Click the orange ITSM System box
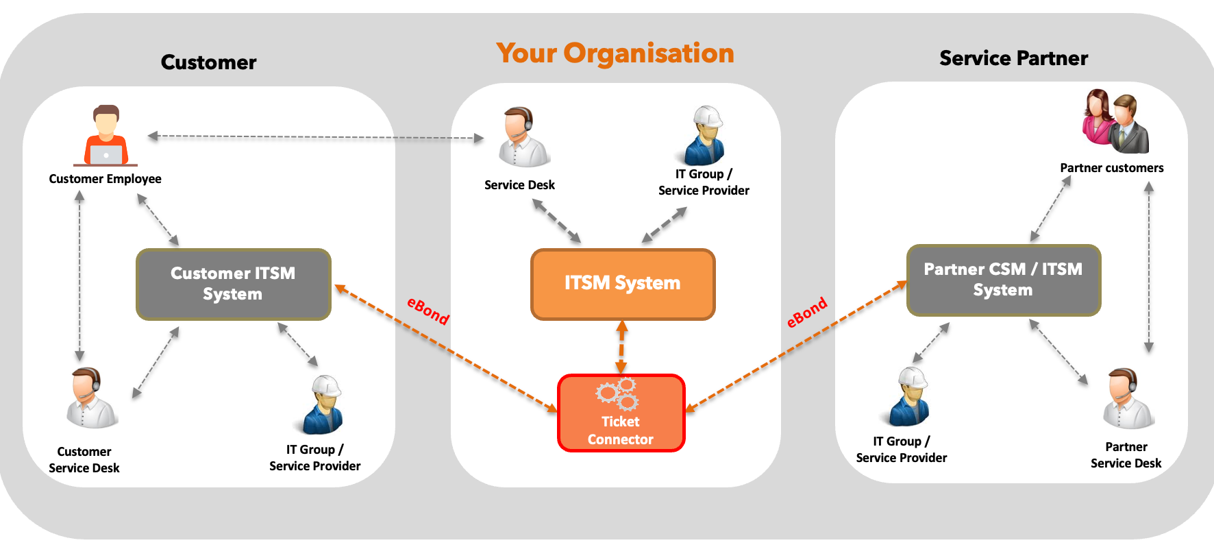[622, 284]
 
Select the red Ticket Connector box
[621, 413]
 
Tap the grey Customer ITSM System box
[233, 284]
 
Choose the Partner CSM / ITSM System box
[1003, 280]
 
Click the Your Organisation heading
[615, 53]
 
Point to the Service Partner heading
[1013, 59]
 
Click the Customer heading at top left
[208, 62]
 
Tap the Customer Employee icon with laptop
[106, 136]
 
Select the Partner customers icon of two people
[1115, 122]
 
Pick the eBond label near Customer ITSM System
[428, 311]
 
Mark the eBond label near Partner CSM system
[807, 313]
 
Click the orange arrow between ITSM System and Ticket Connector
[621, 348]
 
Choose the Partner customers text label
[1111, 168]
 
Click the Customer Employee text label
[105, 179]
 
